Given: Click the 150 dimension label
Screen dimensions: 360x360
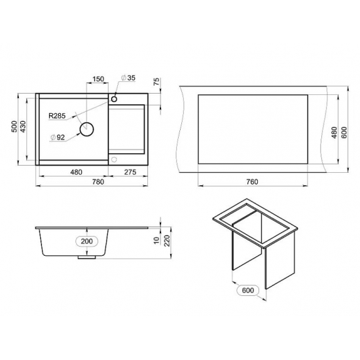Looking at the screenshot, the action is click(98, 79).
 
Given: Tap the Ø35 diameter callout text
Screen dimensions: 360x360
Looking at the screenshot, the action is click(128, 78).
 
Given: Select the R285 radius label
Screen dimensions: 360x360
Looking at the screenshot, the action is click(57, 116).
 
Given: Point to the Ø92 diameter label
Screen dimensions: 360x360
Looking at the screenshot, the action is click(58, 137).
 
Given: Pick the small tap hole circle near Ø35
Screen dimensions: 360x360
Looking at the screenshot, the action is click(114, 99).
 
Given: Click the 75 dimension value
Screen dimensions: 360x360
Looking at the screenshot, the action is click(156, 82).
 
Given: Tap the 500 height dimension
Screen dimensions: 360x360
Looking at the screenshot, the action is click(14, 126).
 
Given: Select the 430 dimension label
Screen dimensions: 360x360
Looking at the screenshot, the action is click(23, 126).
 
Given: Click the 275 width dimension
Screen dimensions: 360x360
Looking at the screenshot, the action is click(130, 171).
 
